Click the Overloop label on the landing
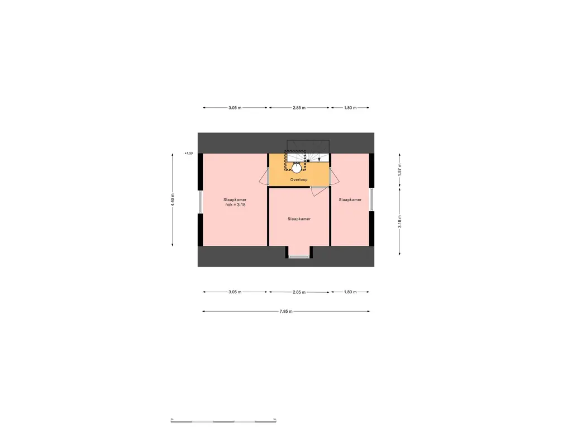(x=298, y=180)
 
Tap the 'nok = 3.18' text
(x=235, y=205)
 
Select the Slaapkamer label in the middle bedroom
(x=299, y=219)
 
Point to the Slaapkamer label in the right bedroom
(x=350, y=199)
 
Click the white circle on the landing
(x=296, y=166)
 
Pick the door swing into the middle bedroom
(x=317, y=190)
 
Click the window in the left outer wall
(x=200, y=202)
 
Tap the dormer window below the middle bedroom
(x=298, y=256)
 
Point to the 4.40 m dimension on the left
(x=173, y=199)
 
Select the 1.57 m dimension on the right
(x=399, y=170)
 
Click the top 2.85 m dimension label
(x=299, y=108)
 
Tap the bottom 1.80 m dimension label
(x=350, y=292)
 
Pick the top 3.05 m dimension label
(x=235, y=108)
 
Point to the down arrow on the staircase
(x=319, y=159)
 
